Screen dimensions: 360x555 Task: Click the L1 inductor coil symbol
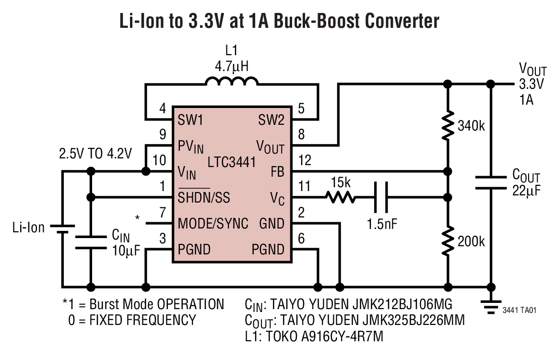(232, 82)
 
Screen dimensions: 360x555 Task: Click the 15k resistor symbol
(340, 197)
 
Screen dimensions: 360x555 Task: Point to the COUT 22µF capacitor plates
(490, 183)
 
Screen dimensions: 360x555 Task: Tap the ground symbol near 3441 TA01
(490, 304)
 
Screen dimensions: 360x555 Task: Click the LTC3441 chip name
(232, 163)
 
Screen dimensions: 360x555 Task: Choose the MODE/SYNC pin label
(213, 224)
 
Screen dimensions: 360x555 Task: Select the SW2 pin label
(271, 120)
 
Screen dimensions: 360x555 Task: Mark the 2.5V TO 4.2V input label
(95, 155)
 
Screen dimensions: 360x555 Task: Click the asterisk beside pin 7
(138, 218)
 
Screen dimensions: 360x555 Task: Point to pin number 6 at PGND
(301, 238)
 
